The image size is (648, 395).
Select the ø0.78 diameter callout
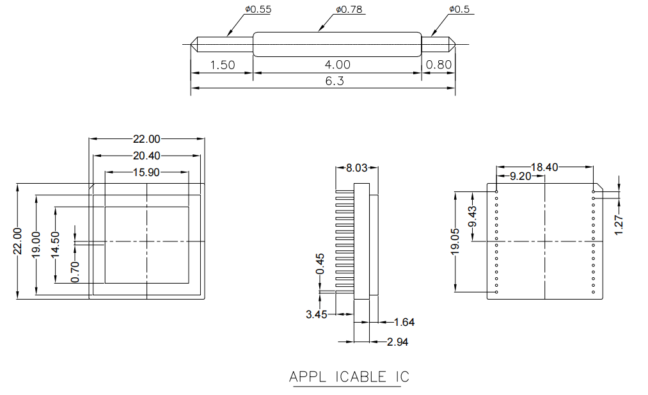tap(349, 10)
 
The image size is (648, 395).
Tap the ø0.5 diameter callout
tap(459, 10)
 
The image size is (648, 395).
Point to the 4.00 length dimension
tap(338, 65)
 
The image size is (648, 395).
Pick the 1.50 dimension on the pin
tap(223, 65)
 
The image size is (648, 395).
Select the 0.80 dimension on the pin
tap(438, 65)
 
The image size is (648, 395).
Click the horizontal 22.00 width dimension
tap(146, 139)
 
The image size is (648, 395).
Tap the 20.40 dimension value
tap(146, 156)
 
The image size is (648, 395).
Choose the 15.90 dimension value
tap(146, 172)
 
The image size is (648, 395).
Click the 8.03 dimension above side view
tap(357, 168)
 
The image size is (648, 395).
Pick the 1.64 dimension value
tap(404, 322)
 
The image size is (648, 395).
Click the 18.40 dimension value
tap(544, 167)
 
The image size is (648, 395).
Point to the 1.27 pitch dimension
tap(619, 225)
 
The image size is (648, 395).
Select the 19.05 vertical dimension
tap(455, 243)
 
